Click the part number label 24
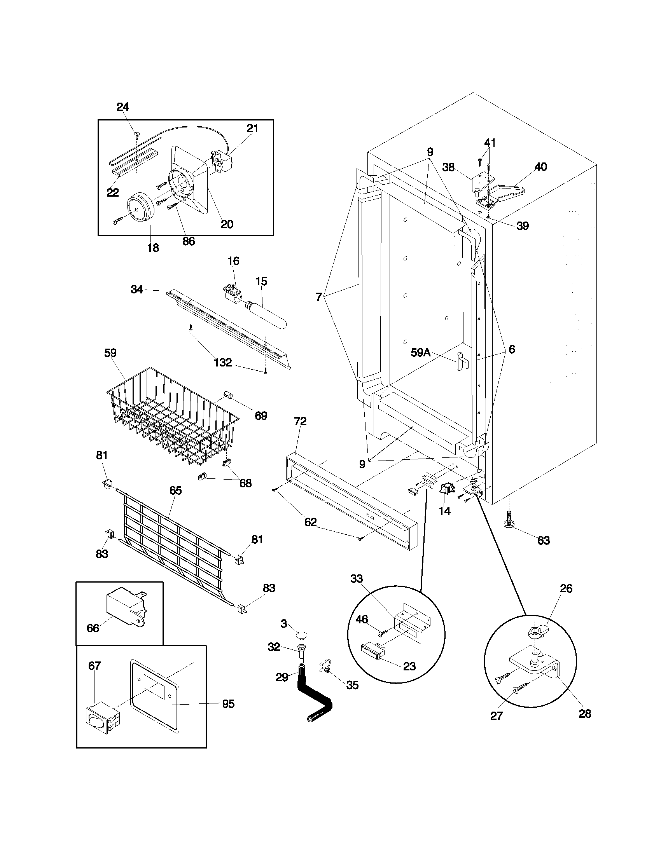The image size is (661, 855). [123, 106]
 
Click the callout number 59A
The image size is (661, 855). [421, 353]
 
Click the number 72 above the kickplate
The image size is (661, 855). [300, 421]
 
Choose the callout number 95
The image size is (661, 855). [228, 704]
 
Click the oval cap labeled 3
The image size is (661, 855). [301, 634]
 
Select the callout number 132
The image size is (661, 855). [223, 363]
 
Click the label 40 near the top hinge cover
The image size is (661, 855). [540, 167]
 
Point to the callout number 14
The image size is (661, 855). [445, 511]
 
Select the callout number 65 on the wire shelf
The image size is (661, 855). [175, 490]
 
